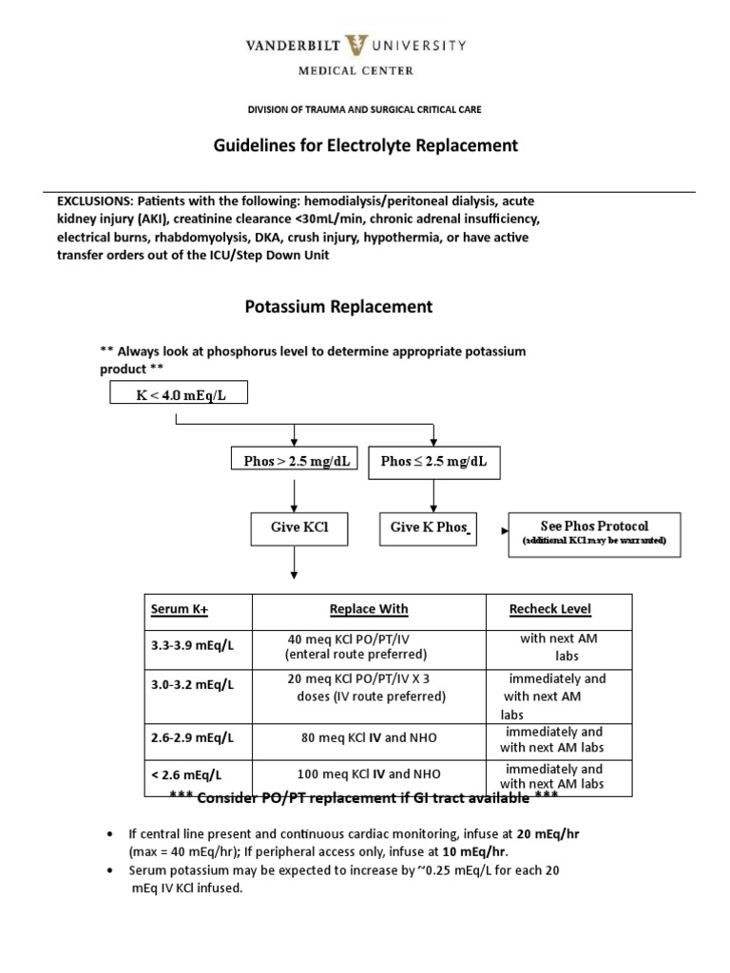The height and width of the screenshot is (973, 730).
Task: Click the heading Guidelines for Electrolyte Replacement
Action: point(364,145)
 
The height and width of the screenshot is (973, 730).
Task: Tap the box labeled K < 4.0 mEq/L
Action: point(179,393)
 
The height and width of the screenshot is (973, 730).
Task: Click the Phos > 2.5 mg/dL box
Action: point(295,461)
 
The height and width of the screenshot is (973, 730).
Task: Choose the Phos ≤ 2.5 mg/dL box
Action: point(433,461)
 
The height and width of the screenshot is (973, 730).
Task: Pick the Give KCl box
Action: point(295,527)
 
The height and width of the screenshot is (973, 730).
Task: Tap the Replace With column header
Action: point(368,608)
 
